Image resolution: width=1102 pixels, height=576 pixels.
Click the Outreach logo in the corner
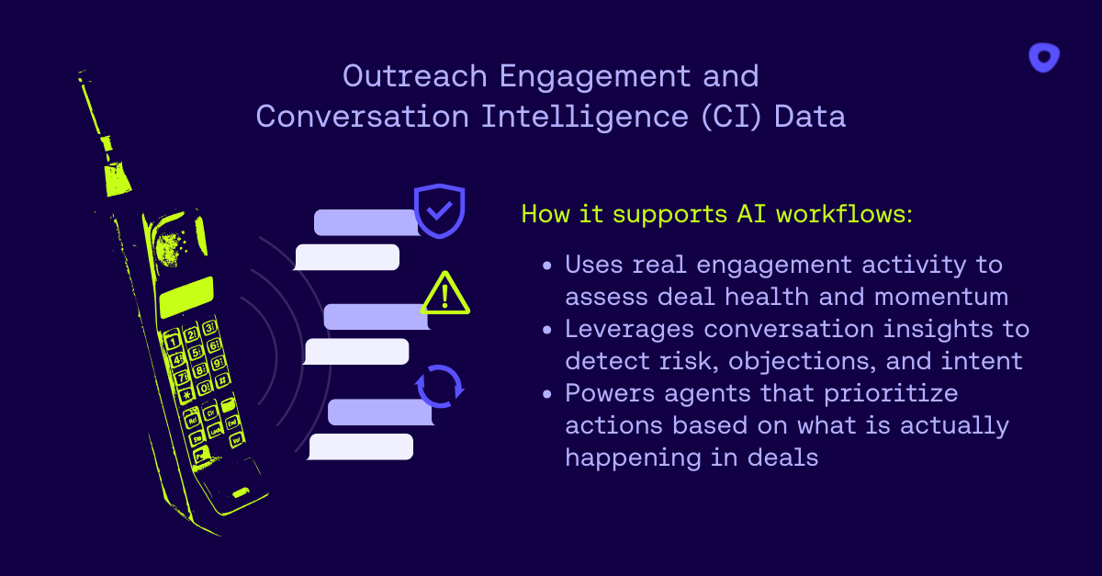tap(1044, 58)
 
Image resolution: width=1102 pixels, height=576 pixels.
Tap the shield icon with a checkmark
tap(440, 210)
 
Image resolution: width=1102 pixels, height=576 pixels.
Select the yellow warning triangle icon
tap(445, 294)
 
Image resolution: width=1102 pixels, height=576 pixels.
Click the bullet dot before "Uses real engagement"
tap(547, 265)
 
